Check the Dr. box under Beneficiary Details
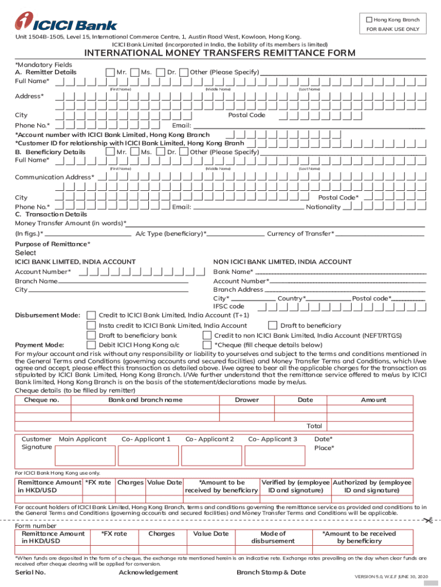[184, 152]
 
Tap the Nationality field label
[324, 207]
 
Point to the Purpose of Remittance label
[52, 244]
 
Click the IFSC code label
[229, 307]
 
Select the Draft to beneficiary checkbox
[273, 326]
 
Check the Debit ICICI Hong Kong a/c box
[91, 345]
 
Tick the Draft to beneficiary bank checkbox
[91, 335]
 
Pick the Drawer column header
[247, 400]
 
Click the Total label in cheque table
[314, 426]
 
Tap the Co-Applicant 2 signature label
[210, 439]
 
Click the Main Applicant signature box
[84, 456]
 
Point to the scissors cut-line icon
[427, 520]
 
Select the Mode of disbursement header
[273, 537]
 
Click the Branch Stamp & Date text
[271, 572]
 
